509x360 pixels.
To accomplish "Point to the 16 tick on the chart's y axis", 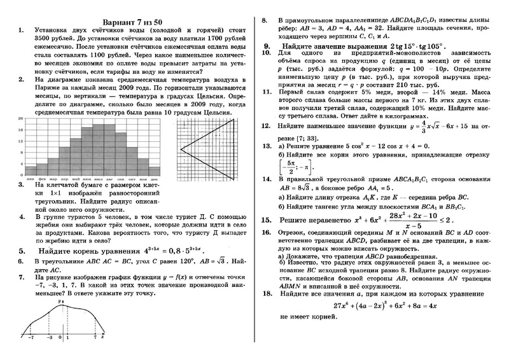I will click(21, 128).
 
